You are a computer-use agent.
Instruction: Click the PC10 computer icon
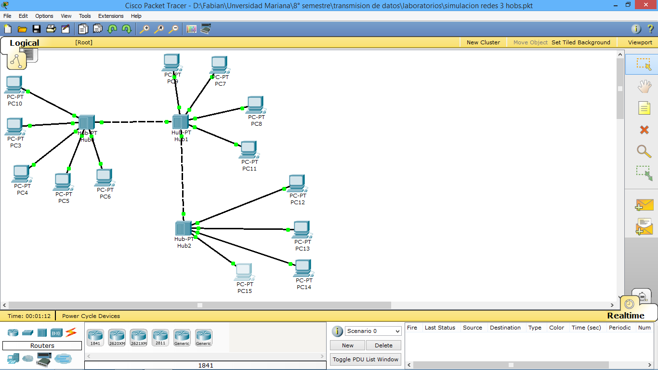(x=14, y=85)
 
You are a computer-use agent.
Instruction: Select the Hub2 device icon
(x=184, y=228)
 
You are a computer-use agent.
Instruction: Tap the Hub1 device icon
(x=180, y=122)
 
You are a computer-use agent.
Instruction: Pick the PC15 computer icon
(x=244, y=272)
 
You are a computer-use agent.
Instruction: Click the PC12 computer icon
(x=297, y=183)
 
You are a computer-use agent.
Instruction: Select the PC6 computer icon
(x=104, y=177)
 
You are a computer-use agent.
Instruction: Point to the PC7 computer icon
(x=219, y=65)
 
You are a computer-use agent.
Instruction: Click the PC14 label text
(x=304, y=287)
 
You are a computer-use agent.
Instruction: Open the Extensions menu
(x=111, y=16)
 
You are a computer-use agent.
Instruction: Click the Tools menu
(x=85, y=16)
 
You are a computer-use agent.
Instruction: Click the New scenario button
(x=347, y=345)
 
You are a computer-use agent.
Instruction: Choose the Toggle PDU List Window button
(x=366, y=359)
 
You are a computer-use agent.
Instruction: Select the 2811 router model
(x=160, y=337)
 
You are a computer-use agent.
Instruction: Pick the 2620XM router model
(x=117, y=337)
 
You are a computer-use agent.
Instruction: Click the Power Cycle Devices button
(x=91, y=316)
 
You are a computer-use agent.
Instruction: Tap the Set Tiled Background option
(x=580, y=42)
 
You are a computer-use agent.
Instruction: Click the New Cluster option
(x=483, y=42)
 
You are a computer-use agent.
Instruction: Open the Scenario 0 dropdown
(x=373, y=331)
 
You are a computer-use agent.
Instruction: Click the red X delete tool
(x=644, y=130)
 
